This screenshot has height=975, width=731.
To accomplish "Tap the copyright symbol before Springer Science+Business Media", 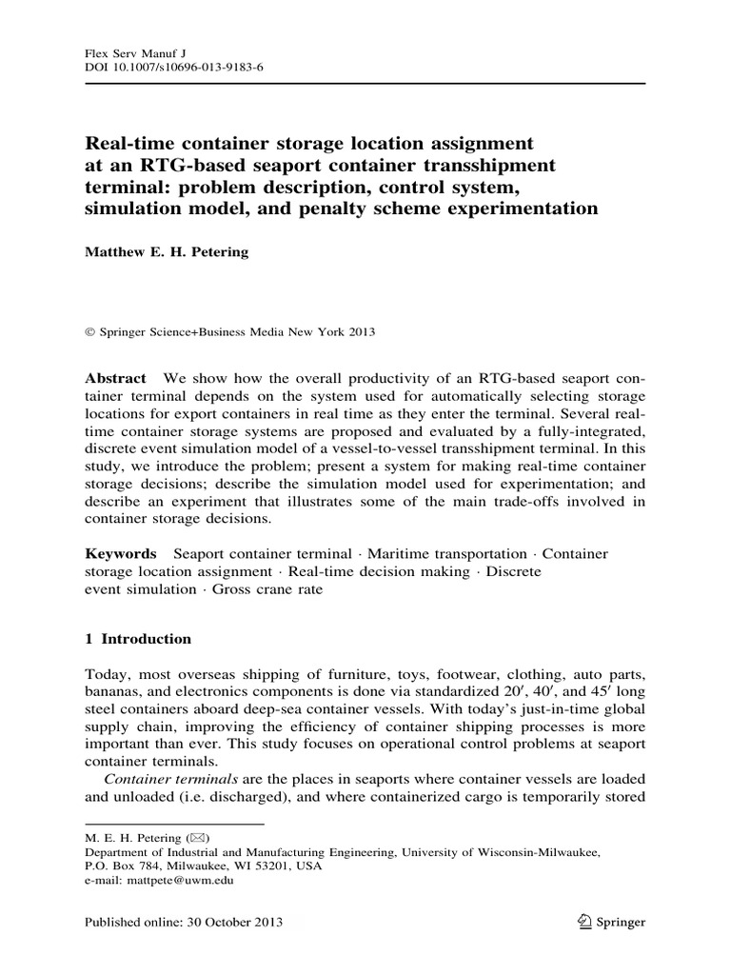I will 90,332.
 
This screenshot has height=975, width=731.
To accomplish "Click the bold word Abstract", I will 116,377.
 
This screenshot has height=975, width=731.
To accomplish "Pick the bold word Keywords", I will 121,553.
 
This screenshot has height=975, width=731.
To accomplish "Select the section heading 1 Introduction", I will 138,639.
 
